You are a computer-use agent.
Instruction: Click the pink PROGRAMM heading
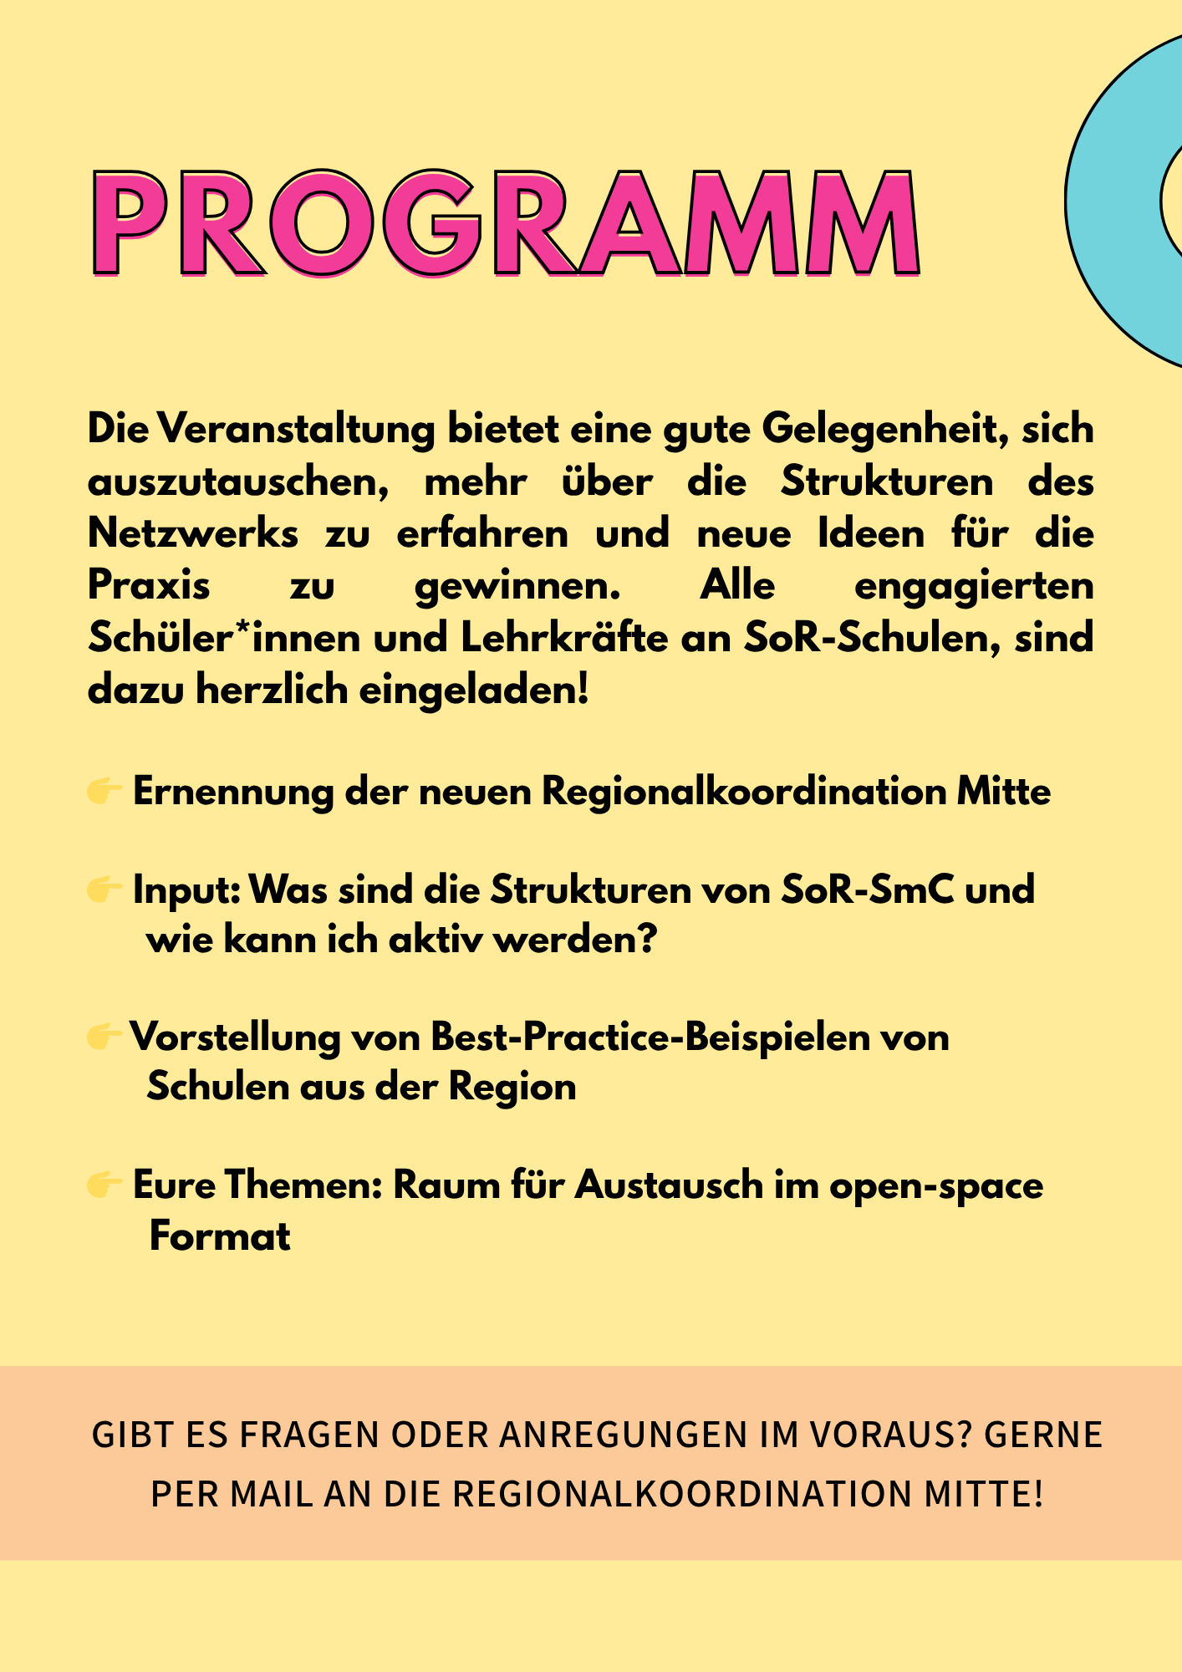pos(506,224)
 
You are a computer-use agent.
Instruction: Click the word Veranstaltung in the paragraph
pos(297,430)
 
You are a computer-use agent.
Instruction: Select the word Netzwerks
pos(193,533)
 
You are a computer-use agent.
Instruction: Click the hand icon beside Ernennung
pos(104,791)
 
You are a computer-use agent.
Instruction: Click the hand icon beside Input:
pos(104,890)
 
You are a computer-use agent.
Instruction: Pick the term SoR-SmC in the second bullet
pos(867,890)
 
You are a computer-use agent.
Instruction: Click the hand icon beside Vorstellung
pos(104,1037)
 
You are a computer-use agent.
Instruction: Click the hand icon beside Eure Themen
pos(104,1185)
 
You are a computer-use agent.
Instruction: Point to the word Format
pos(220,1236)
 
